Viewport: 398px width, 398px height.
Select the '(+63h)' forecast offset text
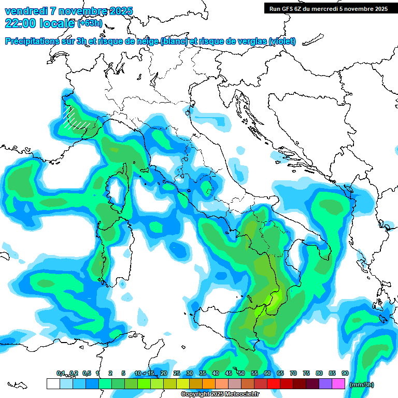click(90, 23)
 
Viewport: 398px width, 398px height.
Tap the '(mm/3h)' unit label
click(362, 385)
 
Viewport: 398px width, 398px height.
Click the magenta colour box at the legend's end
click(338, 383)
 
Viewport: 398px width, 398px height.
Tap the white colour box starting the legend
click(53, 383)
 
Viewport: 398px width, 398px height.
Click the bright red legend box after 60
click(274, 383)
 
